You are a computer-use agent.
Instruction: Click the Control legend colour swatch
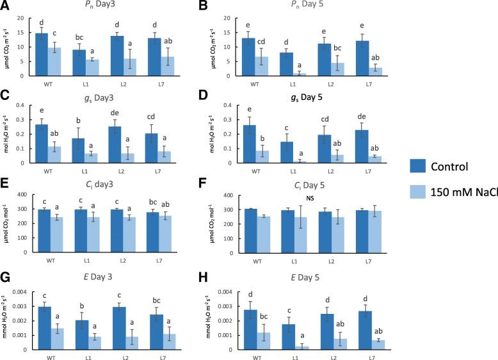click(x=423, y=166)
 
